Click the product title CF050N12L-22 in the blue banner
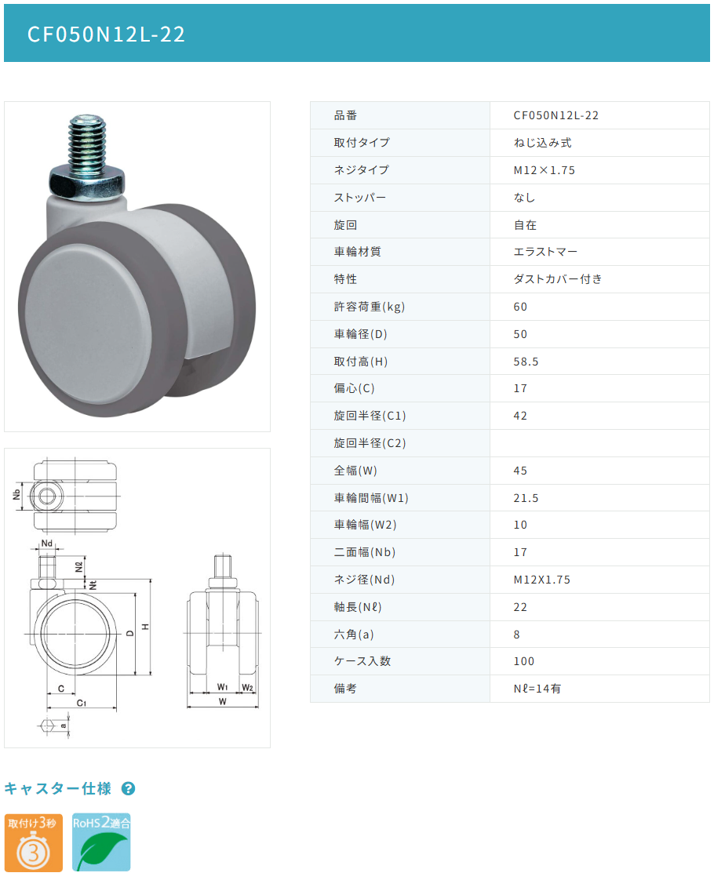click(106, 34)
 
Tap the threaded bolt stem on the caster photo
click(87, 141)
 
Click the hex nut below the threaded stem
click(87, 183)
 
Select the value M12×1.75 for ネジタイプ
click(544, 170)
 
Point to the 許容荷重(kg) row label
click(369, 307)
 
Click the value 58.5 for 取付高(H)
click(526, 362)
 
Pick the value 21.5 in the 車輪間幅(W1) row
click(526, 498)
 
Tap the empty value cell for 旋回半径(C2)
click(599, 443)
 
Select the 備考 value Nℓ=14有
click(537, 689)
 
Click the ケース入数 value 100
click(523, 661)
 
